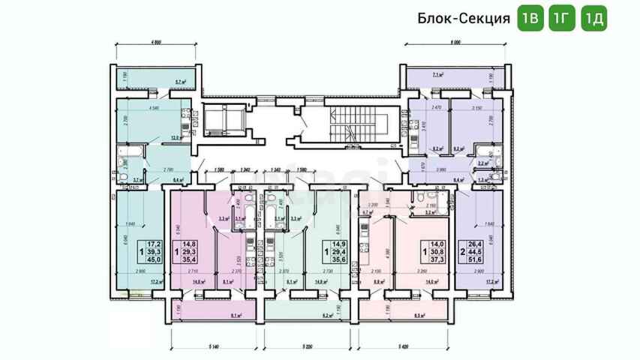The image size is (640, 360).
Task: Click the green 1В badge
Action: pyautogui.click(x=530, y=19)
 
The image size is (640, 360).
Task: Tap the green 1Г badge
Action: pyautogui.click(x=562, y=19)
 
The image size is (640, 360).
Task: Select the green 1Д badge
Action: pyautogui.click(x=594, y=19)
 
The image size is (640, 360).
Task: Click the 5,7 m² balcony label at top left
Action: pyautogui.click(x=180, y=81)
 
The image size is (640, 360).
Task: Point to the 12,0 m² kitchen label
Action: pyautogui.click(x=176, y=137)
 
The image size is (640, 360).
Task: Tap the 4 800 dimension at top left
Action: pyautogui.click(x=157, y=43)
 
